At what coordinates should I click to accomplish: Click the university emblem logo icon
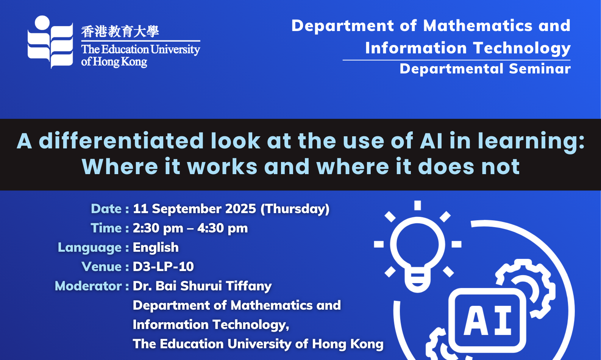click(x=50, y=42)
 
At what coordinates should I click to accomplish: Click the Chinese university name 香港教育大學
click(x=120, y=31)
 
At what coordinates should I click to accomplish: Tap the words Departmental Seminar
click(x=485, y=69)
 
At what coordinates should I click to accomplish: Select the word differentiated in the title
click(x=121, y=140)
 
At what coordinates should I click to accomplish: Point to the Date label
click(x=106, y=209)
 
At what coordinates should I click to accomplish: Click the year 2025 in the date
click(x=241, y=209)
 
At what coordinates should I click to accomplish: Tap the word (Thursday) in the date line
click(x=295, y=209)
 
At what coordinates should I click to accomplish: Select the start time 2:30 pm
click(x=158, y=228)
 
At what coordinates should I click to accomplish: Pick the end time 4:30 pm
click(x=222, y=228)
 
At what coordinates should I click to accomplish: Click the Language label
click(x=90, y=248)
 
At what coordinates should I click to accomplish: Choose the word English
click(x=156, y=247)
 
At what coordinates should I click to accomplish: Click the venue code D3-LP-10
click(x=163, y=266)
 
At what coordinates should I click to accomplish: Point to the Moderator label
click(x=88, y=286)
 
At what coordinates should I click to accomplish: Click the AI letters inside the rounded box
click(x=487, y=321)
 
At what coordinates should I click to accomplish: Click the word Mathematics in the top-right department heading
click(x=478, y=26)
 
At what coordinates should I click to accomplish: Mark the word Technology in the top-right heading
click(x=522, y=48)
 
